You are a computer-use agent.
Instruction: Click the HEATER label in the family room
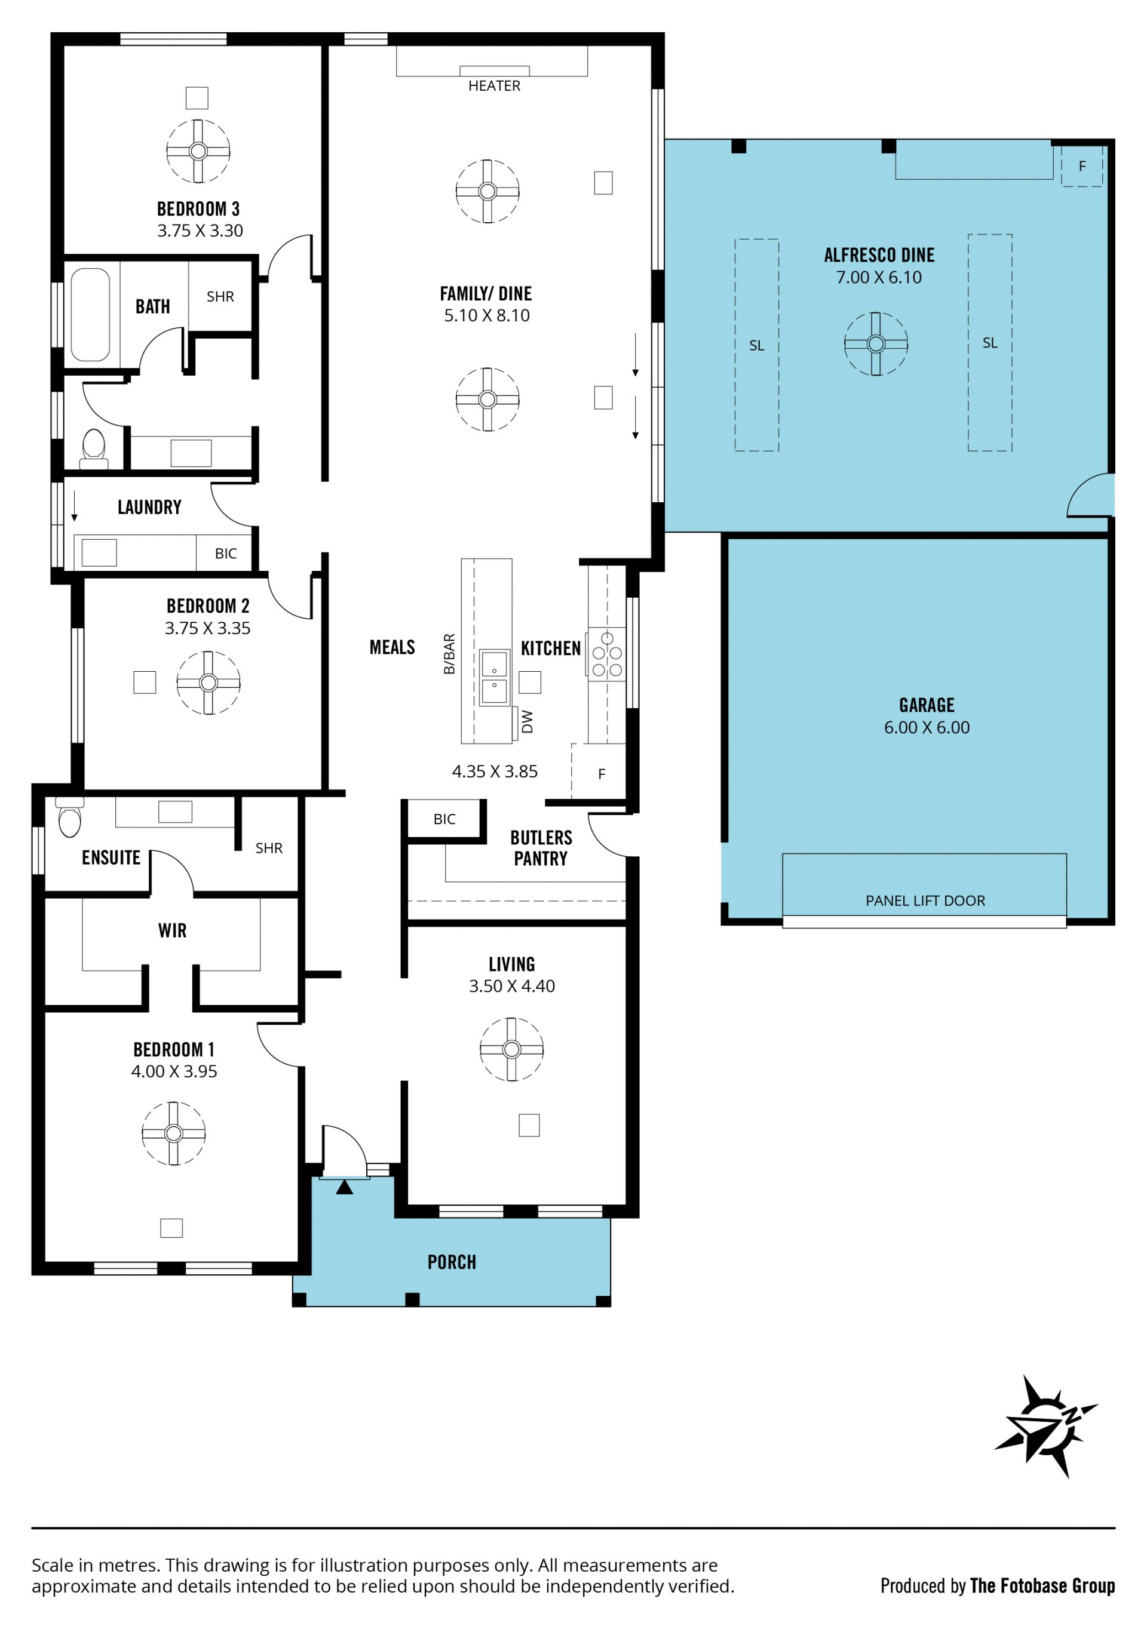(494, 86)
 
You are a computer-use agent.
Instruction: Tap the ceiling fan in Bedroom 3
(198, 151)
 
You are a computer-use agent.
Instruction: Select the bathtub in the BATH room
(90, 314)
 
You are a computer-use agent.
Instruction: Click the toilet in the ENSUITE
(69, 817)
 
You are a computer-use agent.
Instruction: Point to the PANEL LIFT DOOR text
(925, 900)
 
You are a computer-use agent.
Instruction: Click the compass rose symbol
(1045, 1426)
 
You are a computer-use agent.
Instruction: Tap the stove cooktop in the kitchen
(607, 654)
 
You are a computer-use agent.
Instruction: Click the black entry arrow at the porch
(344, 1187)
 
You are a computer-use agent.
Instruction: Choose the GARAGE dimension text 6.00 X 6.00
(926, 727)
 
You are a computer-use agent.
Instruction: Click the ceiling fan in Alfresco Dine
(876, 344)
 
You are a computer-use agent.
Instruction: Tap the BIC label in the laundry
(226, 554)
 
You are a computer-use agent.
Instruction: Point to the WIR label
(173, 930)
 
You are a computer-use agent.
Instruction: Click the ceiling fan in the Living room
(512, 1049)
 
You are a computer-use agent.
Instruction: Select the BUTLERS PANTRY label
(541, 848)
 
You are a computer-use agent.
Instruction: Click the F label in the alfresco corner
(1082, 166)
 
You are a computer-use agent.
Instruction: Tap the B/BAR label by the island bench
(449, 653)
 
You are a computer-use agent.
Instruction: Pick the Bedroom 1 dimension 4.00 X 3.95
(174, 1071)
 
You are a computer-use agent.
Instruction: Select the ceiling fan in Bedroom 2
(208, 683)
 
